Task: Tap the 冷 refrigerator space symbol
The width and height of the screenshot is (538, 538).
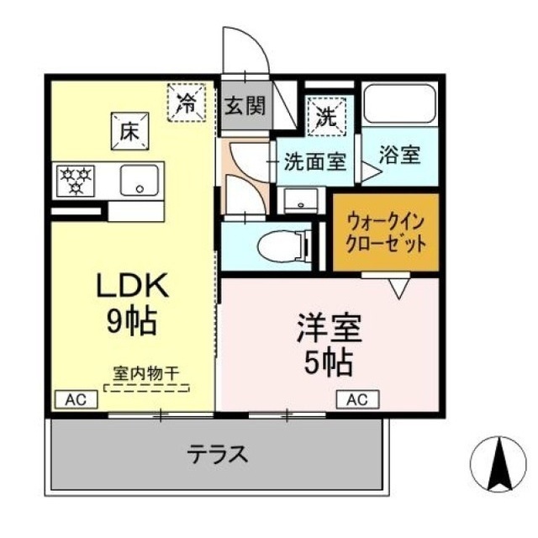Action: [187, 103]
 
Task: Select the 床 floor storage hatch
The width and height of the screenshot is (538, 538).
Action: [129, 131]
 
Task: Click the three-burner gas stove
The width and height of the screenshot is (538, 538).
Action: [76, 182]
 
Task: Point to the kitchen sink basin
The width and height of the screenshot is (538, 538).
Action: [140, 181]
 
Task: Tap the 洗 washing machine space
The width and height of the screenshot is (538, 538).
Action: [326, 116]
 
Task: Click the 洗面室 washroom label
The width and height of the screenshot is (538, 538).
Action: [315, 161]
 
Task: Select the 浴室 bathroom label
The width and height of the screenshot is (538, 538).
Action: [400, 155]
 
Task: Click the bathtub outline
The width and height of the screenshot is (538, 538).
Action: [400, 103]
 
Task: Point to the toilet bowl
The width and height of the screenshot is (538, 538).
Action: [283, 246]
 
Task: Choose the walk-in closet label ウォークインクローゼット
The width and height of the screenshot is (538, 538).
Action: [386, 233]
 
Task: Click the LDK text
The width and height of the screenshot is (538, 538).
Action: [133, 286]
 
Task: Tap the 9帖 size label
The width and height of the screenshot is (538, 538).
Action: [132, 322]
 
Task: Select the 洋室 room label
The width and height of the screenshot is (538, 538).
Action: [329, 329]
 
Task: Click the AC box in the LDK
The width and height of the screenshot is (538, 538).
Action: [76, 399]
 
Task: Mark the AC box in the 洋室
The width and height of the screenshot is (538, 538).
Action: [357, 399]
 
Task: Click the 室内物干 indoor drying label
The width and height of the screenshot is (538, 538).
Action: [146, 373]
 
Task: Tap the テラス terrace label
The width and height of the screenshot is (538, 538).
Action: [218, 453]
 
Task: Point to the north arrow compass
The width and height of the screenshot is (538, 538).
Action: [498, 464]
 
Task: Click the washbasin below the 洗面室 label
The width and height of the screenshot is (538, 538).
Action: [302, 199]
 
